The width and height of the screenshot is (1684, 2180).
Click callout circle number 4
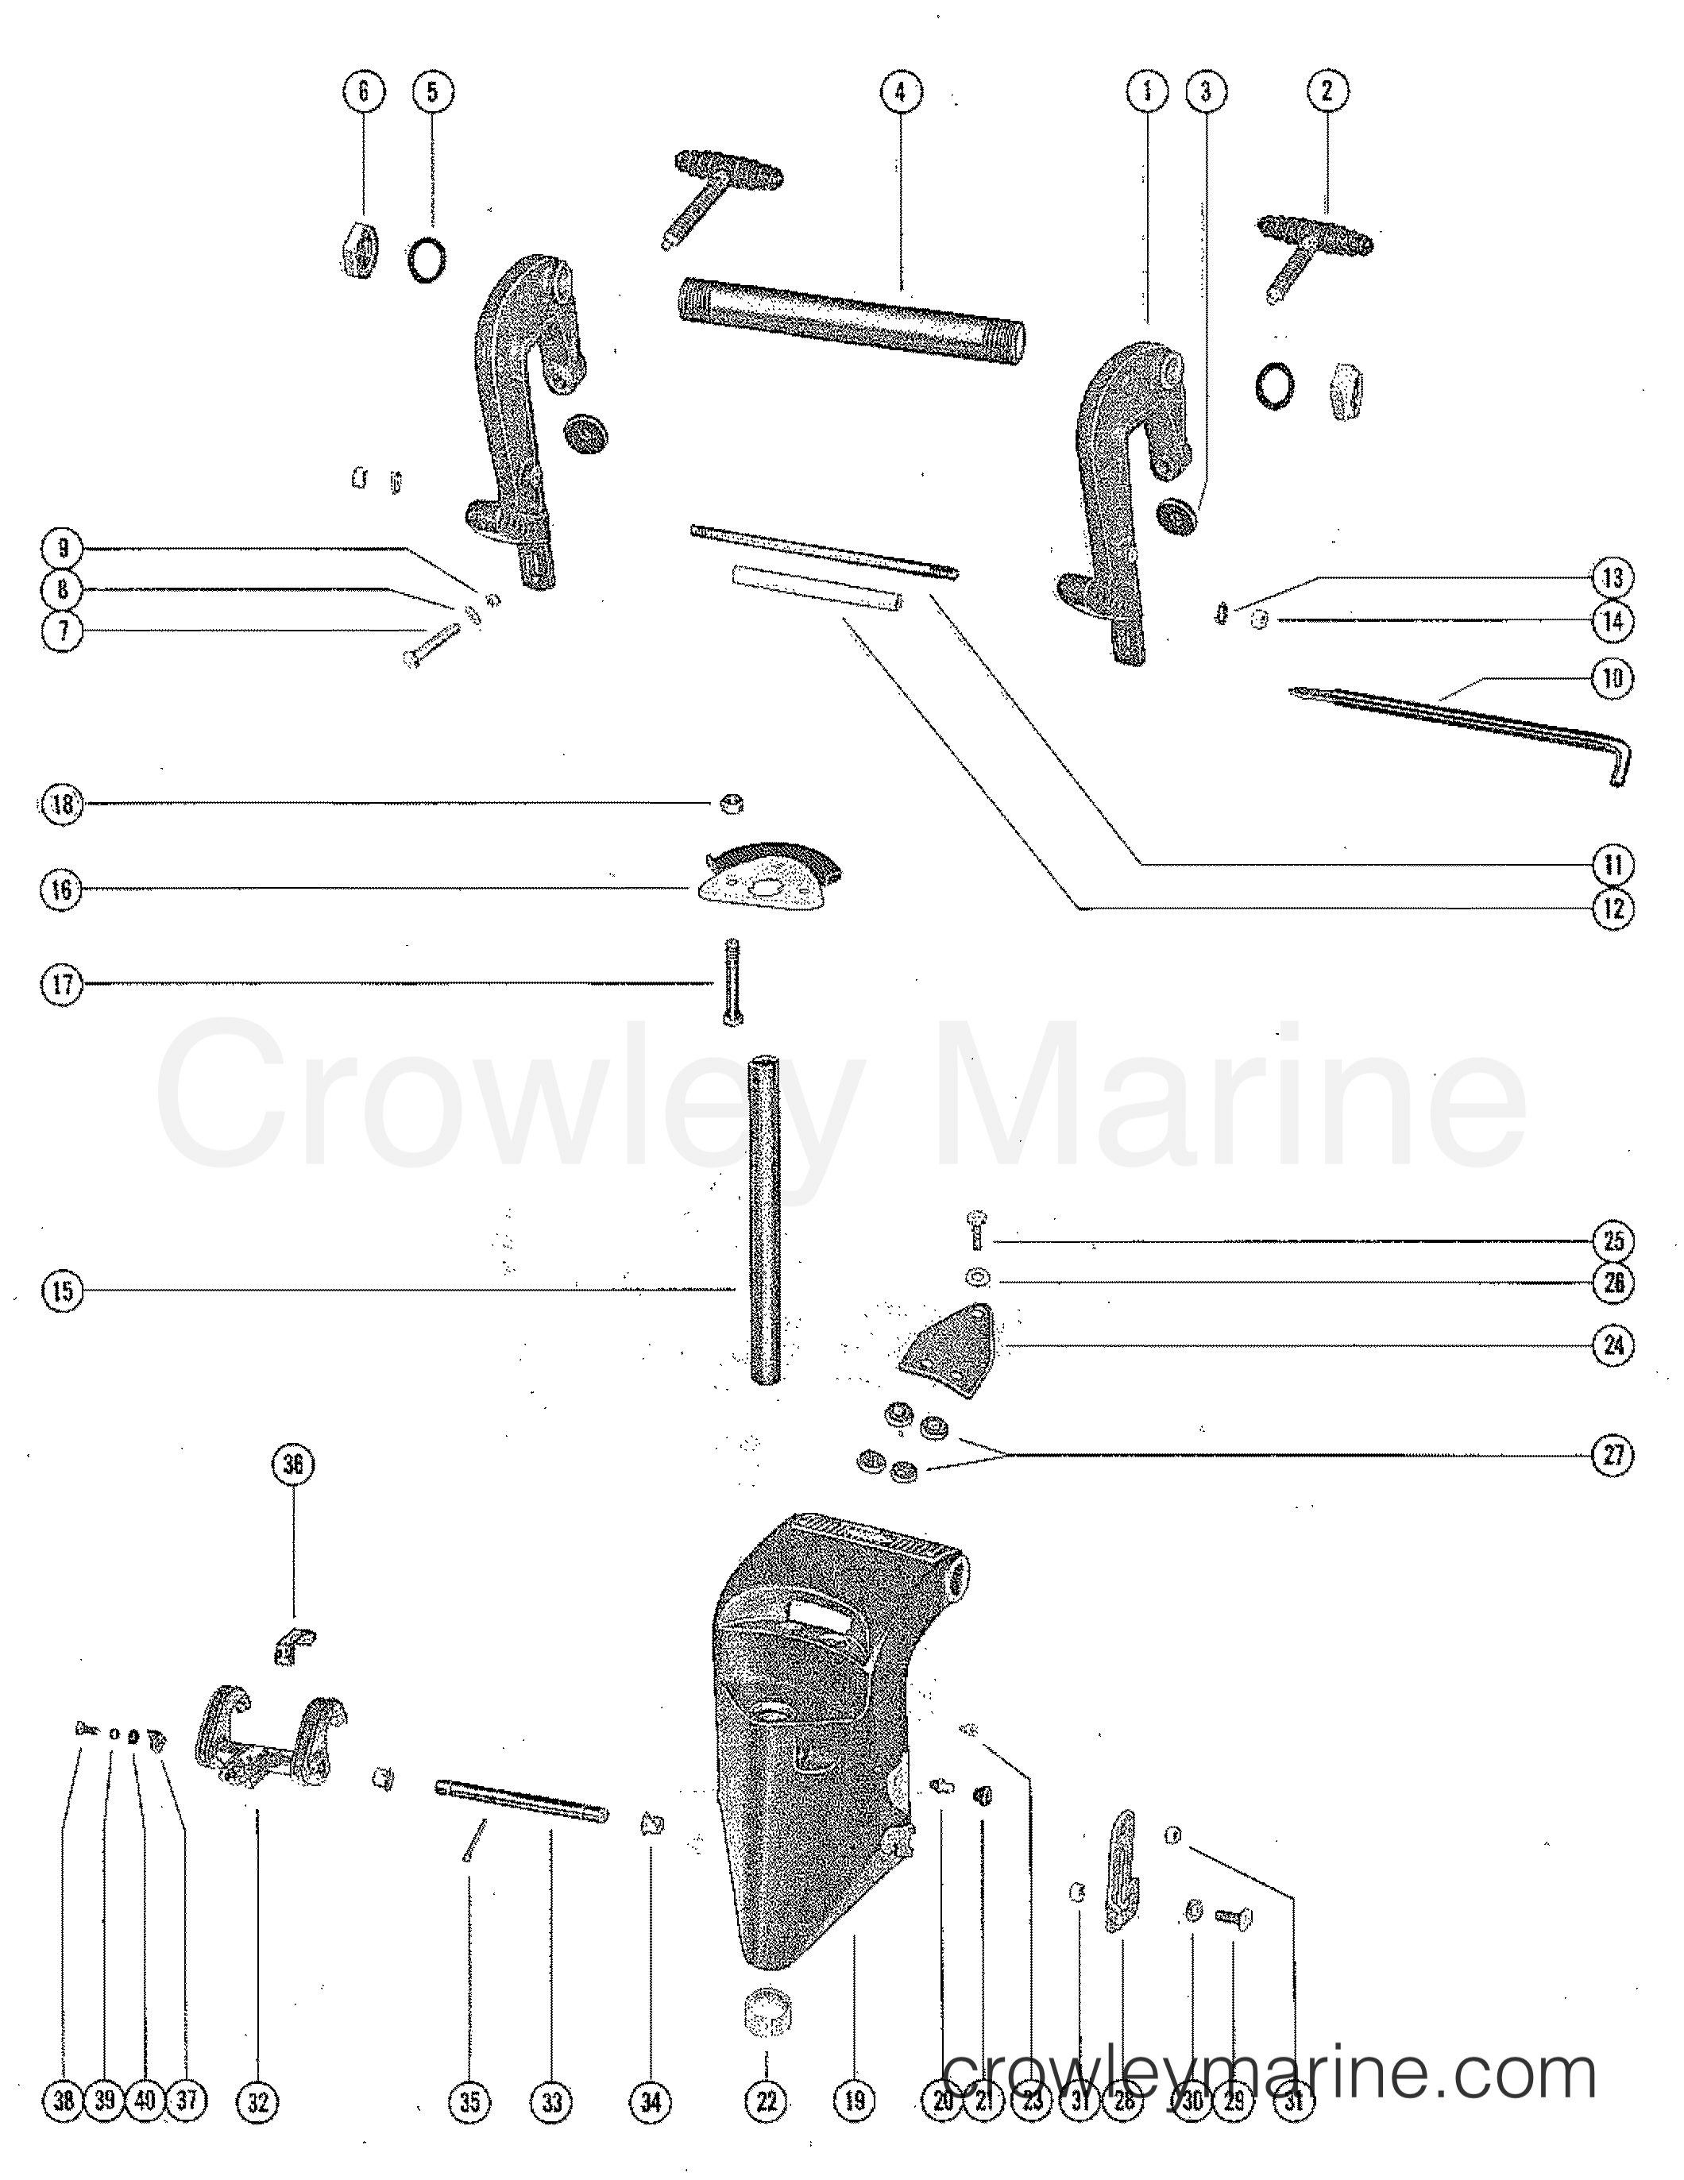click(901, 92)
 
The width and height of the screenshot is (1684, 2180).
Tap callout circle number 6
click(363, 92)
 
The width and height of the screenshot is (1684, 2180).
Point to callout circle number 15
click(62, 1291)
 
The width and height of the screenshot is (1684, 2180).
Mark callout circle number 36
click(292, 1464)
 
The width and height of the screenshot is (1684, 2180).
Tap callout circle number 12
click(1613, 909)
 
